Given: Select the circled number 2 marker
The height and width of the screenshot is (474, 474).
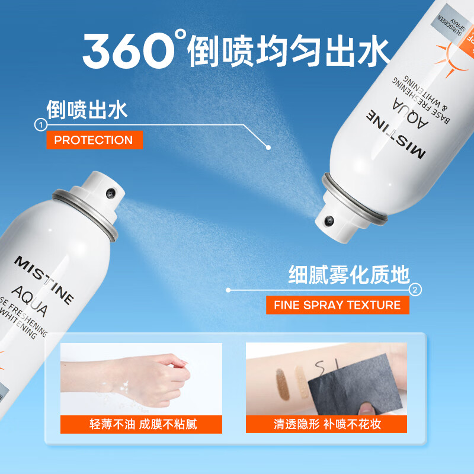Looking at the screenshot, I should point(415,290).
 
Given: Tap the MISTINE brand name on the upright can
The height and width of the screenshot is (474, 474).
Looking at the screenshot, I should point(44,278).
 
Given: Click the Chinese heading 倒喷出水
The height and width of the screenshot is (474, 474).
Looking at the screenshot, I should point(87,110).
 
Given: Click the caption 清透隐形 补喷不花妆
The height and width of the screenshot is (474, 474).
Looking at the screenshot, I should point(327,424).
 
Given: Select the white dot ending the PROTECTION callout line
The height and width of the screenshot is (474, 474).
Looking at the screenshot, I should point(268,146).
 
